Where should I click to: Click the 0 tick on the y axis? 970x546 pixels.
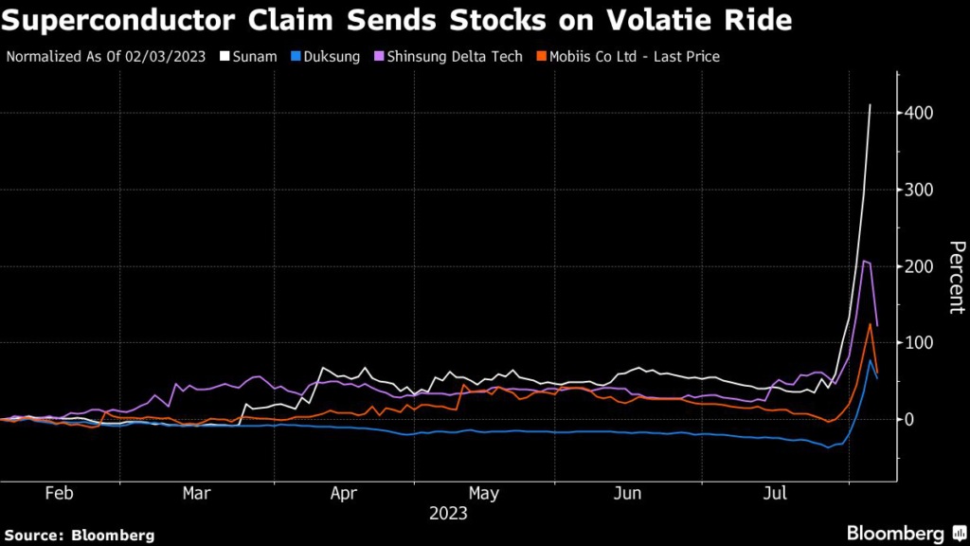[x=910, y=419]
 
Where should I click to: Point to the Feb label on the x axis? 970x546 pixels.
[x=59, y=494]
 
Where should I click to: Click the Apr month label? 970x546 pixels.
[x=344, y=494]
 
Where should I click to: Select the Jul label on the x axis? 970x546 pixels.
[x=777, y=494]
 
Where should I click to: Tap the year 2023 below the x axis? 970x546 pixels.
[x=448, y=514]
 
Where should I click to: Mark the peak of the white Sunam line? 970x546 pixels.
[x=870, y=104]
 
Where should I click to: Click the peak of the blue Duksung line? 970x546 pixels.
[x=870, y=360]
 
